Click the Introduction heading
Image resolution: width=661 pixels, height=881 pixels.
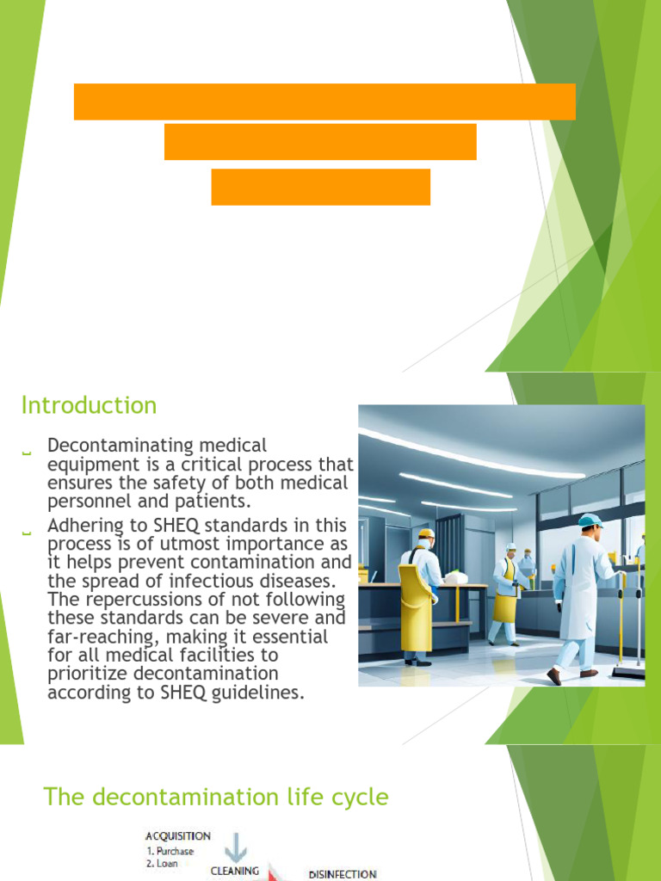coord(89,405)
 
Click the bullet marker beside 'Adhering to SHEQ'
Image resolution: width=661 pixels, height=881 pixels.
coord(26,534)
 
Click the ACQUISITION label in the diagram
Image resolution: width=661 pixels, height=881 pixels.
coord(178,835)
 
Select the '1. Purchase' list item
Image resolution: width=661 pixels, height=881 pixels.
coord(170,851)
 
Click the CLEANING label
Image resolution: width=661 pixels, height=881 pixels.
coord(235,871)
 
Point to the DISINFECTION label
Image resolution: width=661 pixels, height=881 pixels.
coord(342,874)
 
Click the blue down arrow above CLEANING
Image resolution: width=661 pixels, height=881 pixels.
coord(235,847)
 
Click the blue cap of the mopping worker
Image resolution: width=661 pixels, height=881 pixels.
coord(590,521)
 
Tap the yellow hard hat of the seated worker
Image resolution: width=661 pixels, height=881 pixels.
coord(425,533)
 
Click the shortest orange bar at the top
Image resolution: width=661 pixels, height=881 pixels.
coord(320,187)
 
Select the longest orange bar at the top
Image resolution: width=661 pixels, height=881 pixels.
coord(324,102)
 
